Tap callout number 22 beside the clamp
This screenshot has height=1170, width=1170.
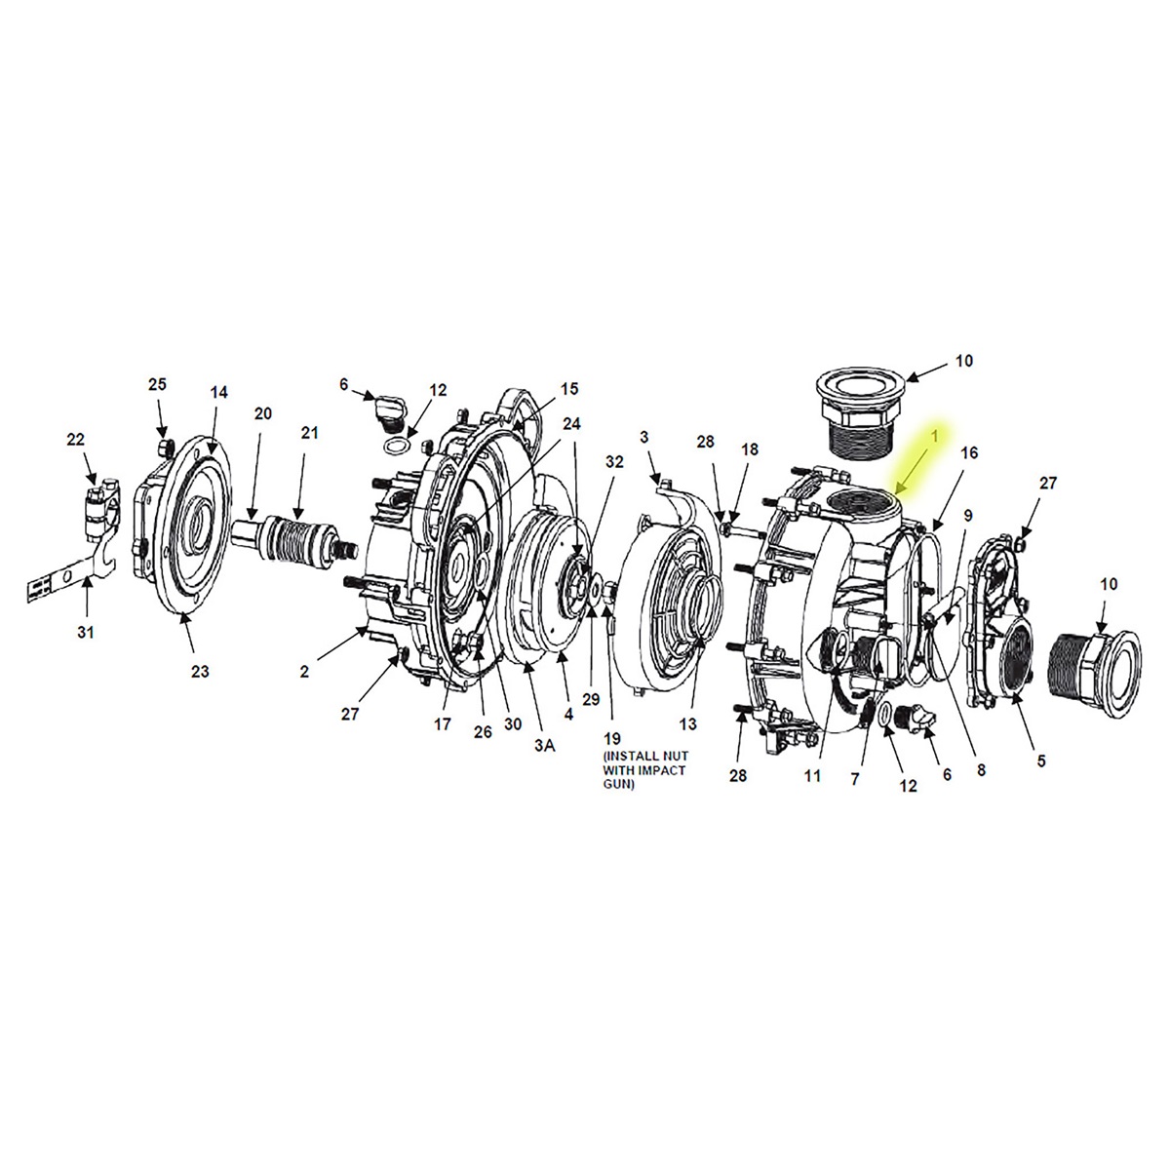pos(75,440)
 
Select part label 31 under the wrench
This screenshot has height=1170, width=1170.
pos(86,633)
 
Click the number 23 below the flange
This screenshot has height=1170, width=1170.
pos(200,671)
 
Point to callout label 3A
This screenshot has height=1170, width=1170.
pos(544,745)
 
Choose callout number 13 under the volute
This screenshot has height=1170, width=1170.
pos(689,723)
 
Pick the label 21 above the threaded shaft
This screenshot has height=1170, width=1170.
pos(309,432)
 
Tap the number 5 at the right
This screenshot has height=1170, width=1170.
pos(1040,760)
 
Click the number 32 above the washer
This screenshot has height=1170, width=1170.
pos(613,461)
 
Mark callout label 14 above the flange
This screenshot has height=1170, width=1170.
pos(218,392)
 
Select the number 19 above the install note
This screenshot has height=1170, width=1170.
pos(612,738)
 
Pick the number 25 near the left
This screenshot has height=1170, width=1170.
pos(158,384)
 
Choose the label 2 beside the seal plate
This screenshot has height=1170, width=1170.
pos(304,671)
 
